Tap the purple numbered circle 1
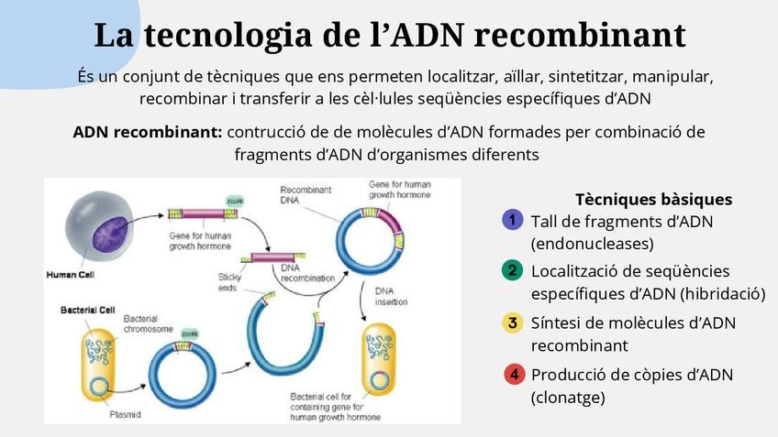513,220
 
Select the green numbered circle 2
513,270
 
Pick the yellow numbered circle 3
513,322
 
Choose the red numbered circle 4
514,374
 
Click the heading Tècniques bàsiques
652,199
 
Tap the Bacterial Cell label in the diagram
87,311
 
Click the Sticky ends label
229,281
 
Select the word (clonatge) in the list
568,398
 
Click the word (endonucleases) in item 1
592,244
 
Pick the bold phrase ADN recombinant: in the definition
147,131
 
